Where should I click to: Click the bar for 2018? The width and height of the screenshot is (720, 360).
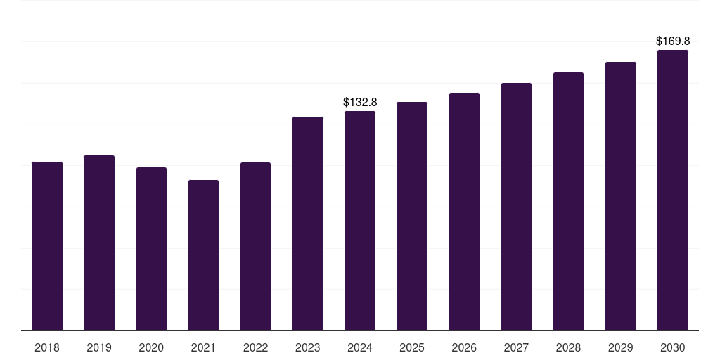47,246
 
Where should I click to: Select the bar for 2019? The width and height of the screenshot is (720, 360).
99,243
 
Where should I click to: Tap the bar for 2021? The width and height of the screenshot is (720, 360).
203,255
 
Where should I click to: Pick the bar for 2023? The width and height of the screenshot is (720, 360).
308,224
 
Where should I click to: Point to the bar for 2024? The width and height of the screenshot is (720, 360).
360,221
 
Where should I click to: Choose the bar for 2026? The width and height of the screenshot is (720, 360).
464,212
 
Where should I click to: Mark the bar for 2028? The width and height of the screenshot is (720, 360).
568,201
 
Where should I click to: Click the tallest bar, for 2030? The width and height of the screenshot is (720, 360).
672,190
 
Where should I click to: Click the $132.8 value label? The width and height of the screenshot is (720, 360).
360,102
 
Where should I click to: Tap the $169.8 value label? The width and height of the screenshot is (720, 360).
673,41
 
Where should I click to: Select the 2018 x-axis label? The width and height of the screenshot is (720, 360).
47,347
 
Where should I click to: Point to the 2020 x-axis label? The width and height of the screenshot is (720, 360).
151,347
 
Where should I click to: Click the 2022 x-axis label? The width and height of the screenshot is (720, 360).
255,347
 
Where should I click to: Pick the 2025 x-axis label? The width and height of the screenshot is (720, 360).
412,347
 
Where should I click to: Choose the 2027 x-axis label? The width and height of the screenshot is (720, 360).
516,347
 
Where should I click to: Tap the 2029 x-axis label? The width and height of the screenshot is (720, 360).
620,347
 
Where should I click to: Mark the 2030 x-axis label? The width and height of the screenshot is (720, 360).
672,347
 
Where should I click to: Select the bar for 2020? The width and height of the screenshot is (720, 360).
151,249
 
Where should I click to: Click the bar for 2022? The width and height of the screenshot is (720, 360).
255,246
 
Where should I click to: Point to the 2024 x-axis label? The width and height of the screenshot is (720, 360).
360,347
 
